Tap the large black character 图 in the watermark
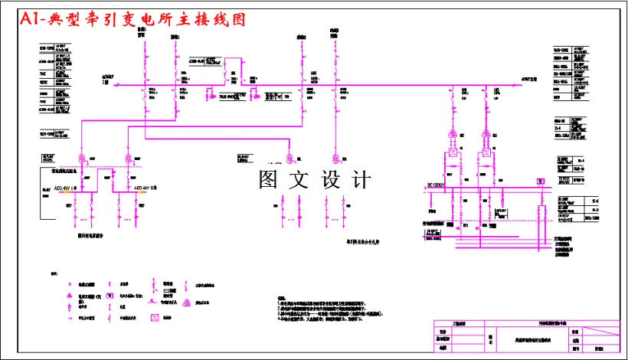(x=270, y=180)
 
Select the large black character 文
(x=302, y=180)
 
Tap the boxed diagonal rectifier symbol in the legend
(x=155, y=316)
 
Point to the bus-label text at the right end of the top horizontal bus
(x=528, y=79)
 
